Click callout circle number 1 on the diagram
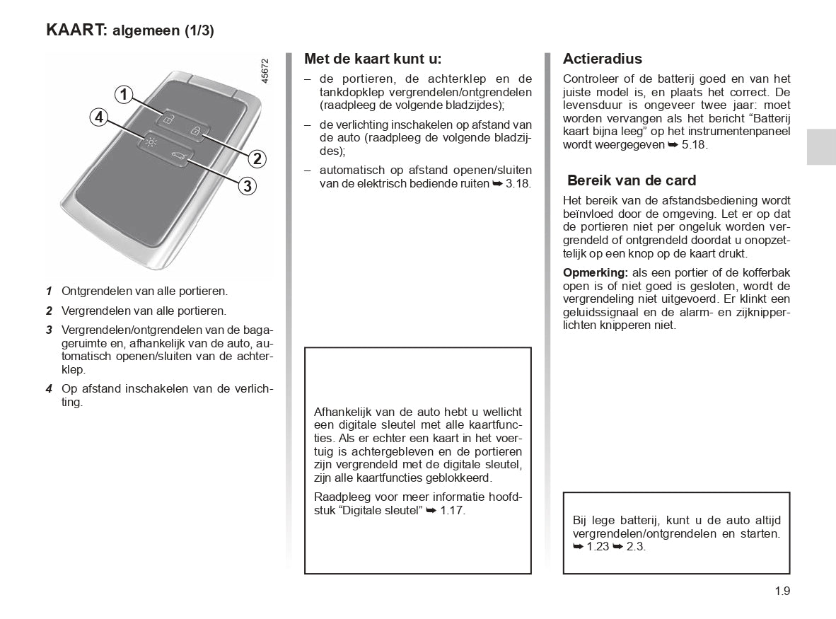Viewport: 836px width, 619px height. (124, 94)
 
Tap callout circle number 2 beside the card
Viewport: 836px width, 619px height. (257, 158)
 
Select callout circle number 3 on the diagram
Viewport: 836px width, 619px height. (246, 186)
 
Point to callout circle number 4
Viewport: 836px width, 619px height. (99, 117)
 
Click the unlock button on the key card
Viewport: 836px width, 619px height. (168, 120)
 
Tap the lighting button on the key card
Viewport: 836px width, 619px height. (151, 141)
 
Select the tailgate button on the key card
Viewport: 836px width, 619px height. (177, 156)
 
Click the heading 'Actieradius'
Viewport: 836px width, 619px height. (603, 59)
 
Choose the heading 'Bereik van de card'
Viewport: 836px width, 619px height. (632, 180)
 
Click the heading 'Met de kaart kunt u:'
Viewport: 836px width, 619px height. (373, 59)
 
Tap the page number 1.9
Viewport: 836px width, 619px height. (782, 591)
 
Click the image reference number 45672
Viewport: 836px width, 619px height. (265, 72)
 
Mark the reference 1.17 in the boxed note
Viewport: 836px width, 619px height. (453, 510)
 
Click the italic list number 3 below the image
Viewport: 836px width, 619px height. (50, 330)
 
